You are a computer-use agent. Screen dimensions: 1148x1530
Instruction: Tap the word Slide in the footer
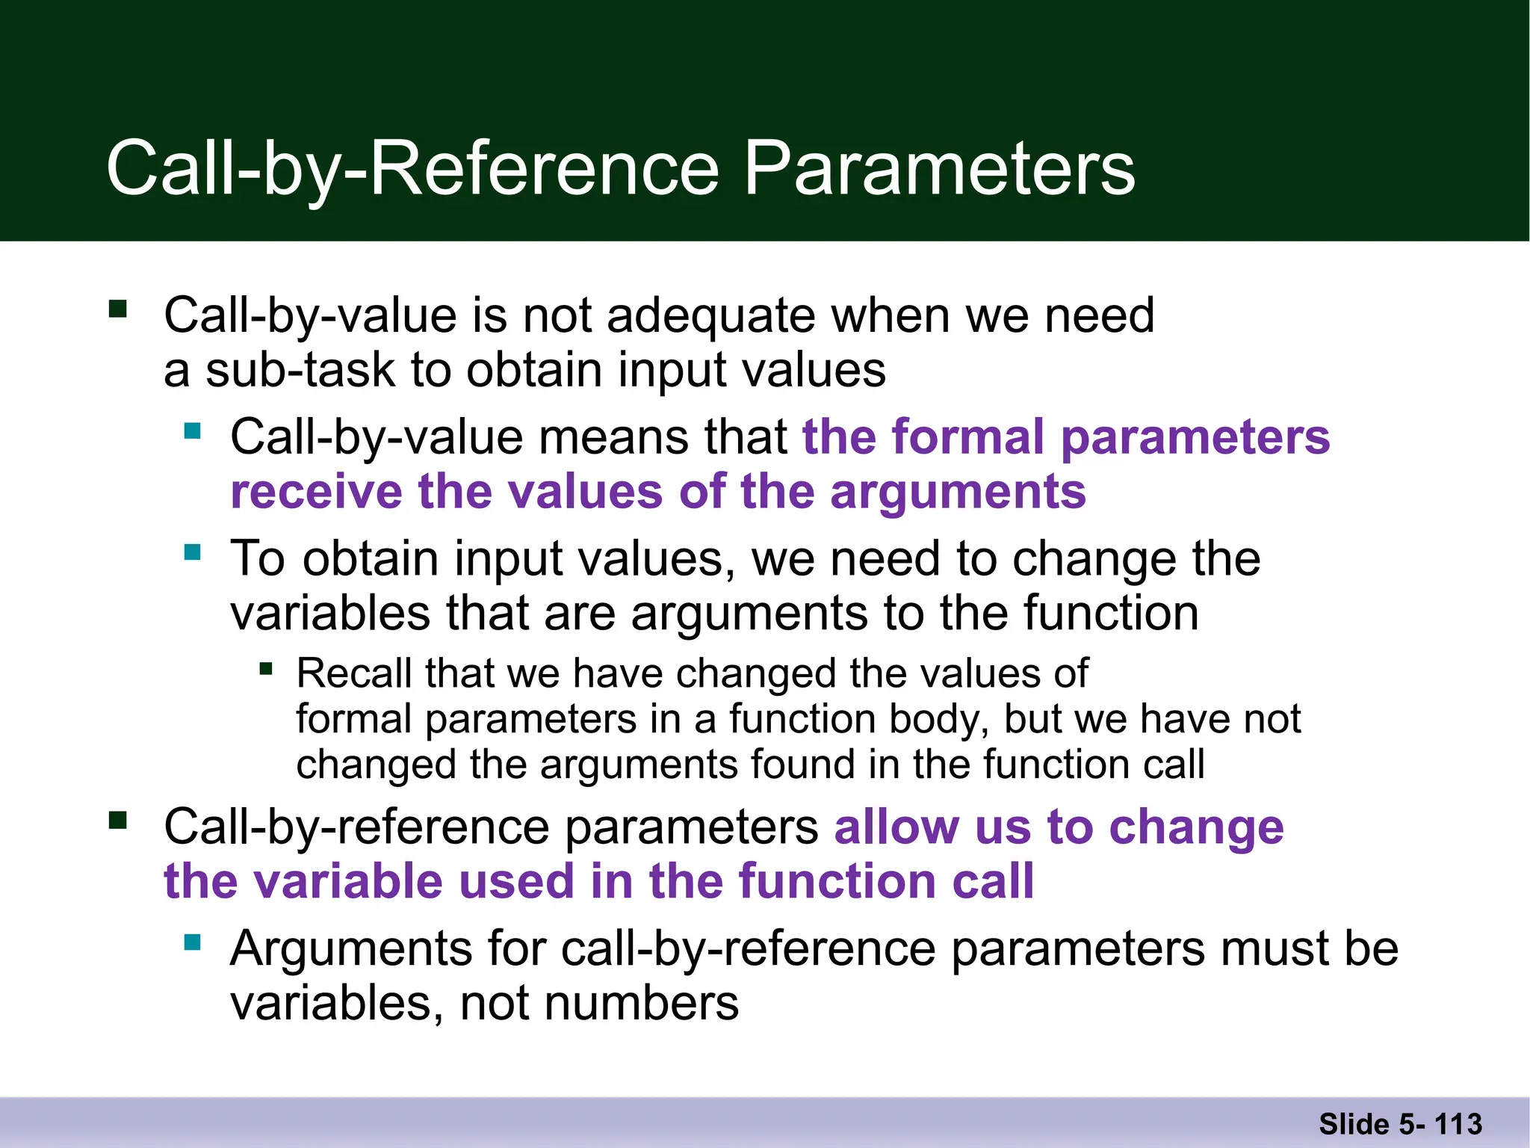(x=1354, y=1124)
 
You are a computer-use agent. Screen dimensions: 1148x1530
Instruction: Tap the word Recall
(x=354, y=673)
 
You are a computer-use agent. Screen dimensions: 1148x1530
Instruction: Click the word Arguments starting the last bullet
(x=351, y=949)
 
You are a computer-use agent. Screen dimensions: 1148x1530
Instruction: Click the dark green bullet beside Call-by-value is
(x=118, y=309)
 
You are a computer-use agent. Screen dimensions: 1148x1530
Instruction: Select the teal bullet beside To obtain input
(x=193, y=552)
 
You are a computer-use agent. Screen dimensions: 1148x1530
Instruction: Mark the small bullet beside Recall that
(x=266, y=668)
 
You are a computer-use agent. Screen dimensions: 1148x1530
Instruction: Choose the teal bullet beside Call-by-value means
(x=193, y=430)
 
